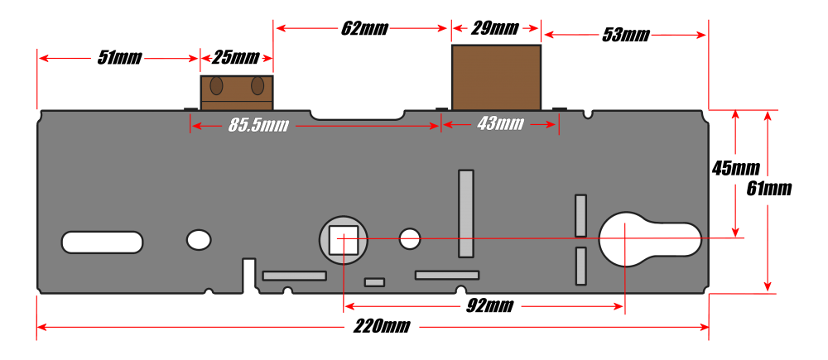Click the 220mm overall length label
[x=381, y=326]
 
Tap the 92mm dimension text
[x=489, y=305]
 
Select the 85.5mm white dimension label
[x=258, y=126]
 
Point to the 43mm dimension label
[x=500, y=124]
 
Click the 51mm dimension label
[x=119, y=58]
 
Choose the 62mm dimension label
[x=364, y=28]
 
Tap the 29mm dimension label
[x=494, y=28]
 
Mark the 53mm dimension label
[x=626, y=36]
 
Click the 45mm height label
[x=735, y=168]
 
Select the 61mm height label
[x=769, y=189]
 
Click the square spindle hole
[x=344, y=239]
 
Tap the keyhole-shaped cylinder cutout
[x=650, y=240]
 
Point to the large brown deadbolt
[x=496, y=77]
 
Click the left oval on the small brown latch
[x=216, y=85]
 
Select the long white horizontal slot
[x=102, y=242]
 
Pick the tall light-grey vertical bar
[x=465, y=214]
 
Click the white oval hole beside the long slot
[x=199, y=240]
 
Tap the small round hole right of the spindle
[x=410, y=239]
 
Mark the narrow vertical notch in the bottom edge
[x=248, y=275]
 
